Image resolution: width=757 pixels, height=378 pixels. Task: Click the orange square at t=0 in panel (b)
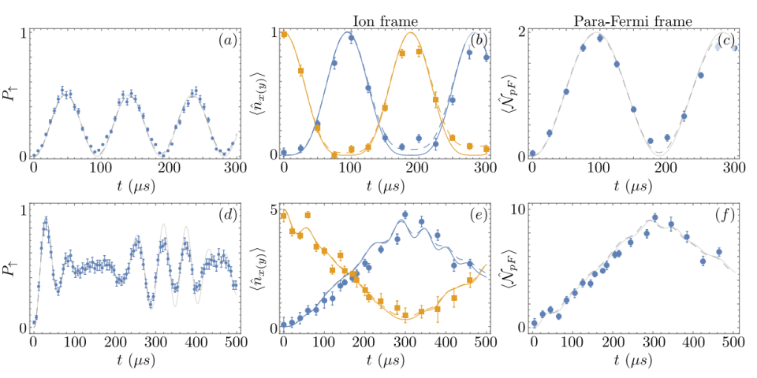coord(284,34)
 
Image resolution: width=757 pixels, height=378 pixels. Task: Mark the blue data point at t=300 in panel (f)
coord(654,217)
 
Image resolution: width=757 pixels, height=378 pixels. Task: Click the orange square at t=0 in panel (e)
coord(284,215)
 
